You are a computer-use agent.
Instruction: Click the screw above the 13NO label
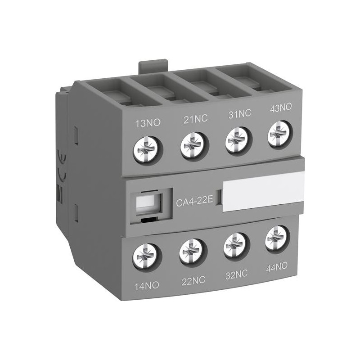tap(147, 147)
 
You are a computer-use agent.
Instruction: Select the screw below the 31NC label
tap(237, 138)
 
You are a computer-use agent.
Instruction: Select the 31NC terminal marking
tap(238, 114)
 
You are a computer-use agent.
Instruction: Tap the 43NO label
tap(280, 108)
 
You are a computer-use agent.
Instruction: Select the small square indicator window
tap(146, 202)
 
